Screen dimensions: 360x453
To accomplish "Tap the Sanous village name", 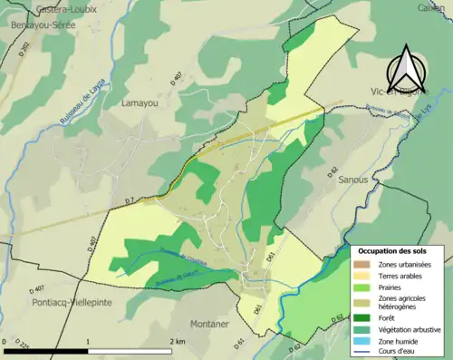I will pyautogui.click(x=352, y=180).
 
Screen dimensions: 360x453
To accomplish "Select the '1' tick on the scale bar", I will pyautogui.click(x=88, y=342).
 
